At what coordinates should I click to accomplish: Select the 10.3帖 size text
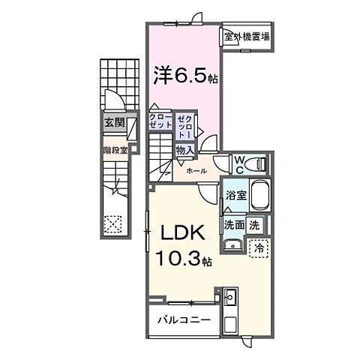[183, 259]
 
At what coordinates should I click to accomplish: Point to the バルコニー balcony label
[183, 321]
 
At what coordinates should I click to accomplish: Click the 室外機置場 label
[246, 35]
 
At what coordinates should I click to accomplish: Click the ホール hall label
[196, 171]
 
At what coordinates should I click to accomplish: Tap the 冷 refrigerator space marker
[259, 246]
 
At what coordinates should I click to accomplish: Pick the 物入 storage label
[184, 150]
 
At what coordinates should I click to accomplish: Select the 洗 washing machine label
[255, 224]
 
